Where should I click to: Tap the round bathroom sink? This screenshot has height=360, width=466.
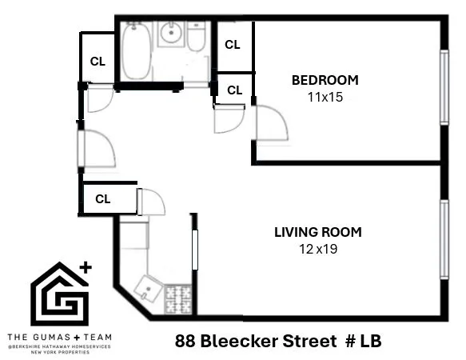click(x=171, y=34)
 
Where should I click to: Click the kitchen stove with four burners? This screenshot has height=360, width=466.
click(x=178, y=299)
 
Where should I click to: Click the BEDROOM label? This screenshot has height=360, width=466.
click(x=325, y=80)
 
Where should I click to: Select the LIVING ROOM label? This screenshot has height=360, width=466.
click(x=317, y=233)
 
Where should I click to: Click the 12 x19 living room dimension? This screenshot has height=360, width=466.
click(x=317, y=249)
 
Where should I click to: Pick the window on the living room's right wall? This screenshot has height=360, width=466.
click(x=444, y=239)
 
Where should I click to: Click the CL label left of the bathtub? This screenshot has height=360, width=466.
click(x=98, y=61)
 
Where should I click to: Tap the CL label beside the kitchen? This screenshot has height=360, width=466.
click(x=102, y=198)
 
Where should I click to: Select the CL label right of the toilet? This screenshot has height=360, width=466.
click(x=232, y=45)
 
